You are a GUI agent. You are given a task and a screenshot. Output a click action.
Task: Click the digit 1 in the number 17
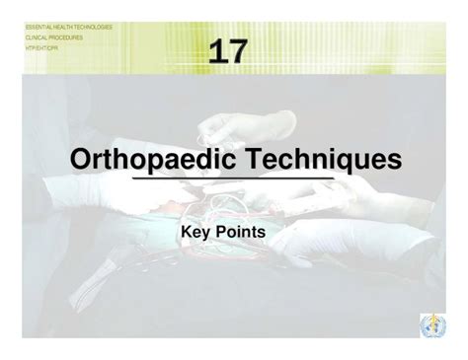tap(217, 50)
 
